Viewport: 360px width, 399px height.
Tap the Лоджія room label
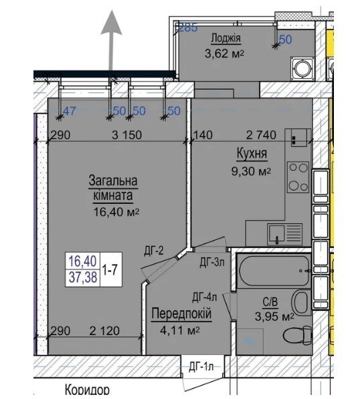226,38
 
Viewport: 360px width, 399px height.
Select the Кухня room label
252,154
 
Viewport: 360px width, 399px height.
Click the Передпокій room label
181,313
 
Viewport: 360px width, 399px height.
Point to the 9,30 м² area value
251,172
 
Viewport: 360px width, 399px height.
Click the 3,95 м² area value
274,317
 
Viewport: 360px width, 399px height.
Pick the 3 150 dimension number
127,135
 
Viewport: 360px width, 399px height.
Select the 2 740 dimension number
261,135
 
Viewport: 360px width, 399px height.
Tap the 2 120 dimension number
104,331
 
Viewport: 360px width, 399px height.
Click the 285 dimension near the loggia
188,27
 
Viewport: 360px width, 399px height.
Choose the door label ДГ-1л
201,367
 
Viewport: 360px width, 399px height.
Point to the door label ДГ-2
154,251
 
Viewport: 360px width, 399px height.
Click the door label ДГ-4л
204,297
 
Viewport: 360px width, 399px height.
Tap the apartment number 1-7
110,270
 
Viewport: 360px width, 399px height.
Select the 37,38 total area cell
83,277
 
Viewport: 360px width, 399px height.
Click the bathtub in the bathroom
274,271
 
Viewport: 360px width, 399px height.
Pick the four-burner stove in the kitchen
298,177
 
